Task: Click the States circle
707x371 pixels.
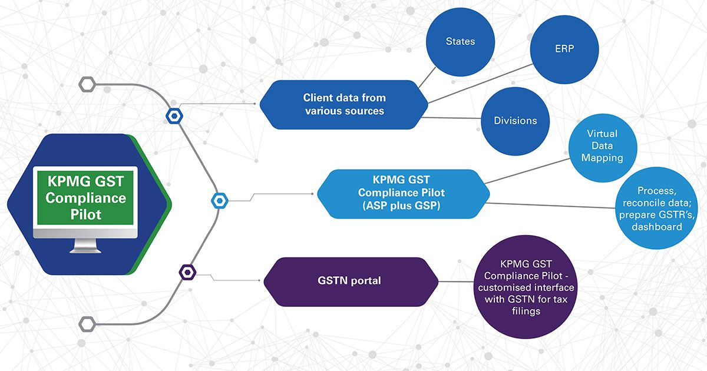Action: click(x=460, y=42)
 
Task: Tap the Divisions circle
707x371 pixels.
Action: click(x=516, y=121)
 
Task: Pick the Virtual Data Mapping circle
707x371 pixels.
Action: click(x=602, y=147)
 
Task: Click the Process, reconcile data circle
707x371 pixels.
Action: click(x=658, y=208)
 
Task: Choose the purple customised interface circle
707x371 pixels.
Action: click(x=526, y=287)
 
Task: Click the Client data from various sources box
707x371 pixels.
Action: click(x=345, y=104)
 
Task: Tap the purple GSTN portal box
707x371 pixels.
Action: click(x=350, y=281)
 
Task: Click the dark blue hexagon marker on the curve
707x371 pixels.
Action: click(x=174, y=115)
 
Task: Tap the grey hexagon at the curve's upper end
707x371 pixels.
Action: click(x=87, y=84)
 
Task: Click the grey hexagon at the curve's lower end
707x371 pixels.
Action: click(x=87, y=323)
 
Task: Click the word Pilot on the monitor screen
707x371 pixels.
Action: click(x=86, y=214)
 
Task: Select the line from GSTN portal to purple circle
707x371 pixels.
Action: click(x=457, y=281)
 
